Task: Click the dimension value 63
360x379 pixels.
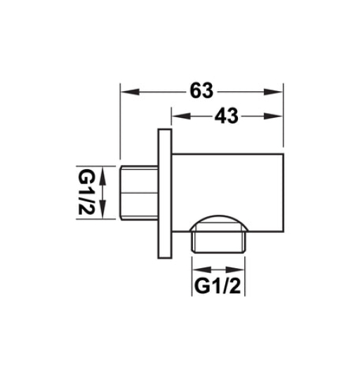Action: [x=201, y=91]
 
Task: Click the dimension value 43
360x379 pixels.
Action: [x=226, y=118]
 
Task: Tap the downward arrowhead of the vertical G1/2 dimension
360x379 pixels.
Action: [x=104, y=215]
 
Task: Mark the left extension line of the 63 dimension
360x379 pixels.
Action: [x=121, y=126]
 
